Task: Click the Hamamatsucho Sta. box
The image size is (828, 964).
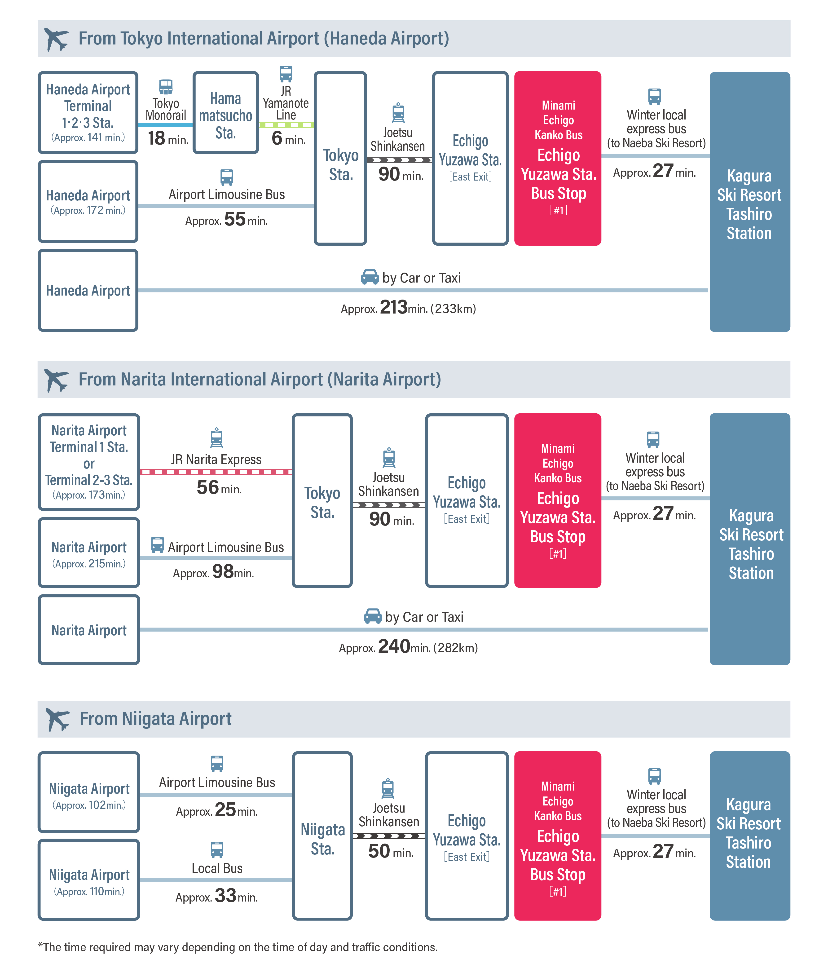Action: [x=226, y=113]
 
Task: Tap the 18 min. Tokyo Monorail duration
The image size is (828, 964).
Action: [x=167, y=138]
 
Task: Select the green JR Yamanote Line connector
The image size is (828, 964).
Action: [x=286, y=125]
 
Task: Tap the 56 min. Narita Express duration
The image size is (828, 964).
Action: [x=219, y=488]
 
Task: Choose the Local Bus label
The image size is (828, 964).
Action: [x=217, y=868]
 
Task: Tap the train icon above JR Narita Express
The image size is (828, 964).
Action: [x=216, y=438]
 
